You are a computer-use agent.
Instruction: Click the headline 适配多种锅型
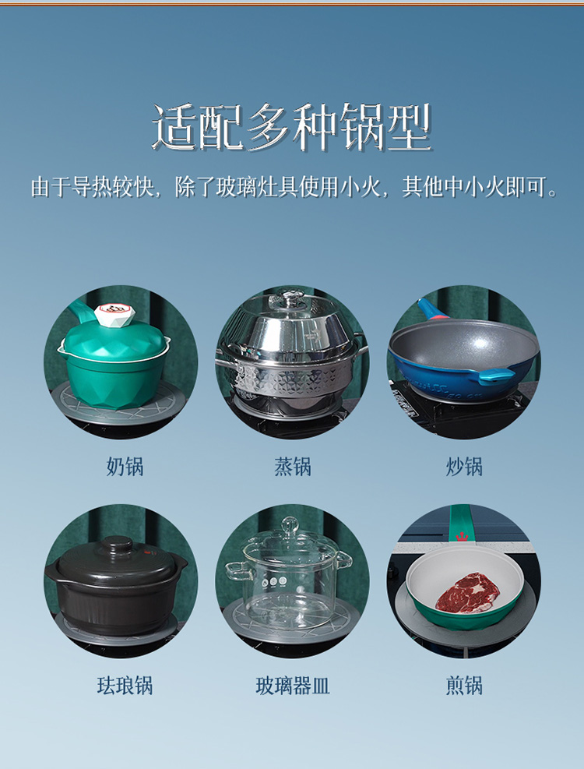[x=291, y=128]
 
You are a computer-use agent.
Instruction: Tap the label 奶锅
[x=125, y=467]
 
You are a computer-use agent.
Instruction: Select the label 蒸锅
[x=292, y=467]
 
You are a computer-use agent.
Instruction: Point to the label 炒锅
[x=464, y=467]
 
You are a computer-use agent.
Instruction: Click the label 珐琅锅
[x=125, y=685]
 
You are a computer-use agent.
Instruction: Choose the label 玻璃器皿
[x=292, y=685]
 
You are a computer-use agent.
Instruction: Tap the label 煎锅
[x=464, y=685]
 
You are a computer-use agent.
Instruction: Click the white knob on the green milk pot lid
[x=114, y=314]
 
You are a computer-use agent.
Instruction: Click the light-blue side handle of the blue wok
[x=496, y=376]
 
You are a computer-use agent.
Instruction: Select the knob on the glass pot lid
[x=290, y=525]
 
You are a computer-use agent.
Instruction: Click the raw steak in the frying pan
[x=467, y=593]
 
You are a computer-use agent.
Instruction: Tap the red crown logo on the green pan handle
[x=462, y=536]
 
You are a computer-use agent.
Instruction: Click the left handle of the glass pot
[x=236, y=572]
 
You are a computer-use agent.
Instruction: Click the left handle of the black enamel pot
[x=52, y=570]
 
